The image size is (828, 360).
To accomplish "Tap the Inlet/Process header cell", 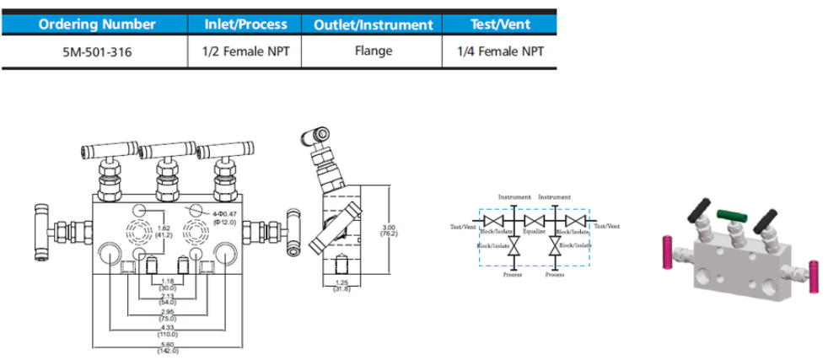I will click(x=246, y=25).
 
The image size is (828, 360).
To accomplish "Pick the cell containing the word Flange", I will click(x=374, y=51).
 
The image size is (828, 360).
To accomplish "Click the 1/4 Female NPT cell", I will click(x=500, y=51).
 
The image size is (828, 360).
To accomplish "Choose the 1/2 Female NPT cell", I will click(x=246, y=51).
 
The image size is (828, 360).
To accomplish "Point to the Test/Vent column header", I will click(x=500, y=25).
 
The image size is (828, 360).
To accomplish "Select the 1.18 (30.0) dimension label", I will click(x=167, y=284).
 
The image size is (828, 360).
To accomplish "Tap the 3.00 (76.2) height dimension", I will click(x=390, y=230).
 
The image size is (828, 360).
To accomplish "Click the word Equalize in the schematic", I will click(x=535, y=230).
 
